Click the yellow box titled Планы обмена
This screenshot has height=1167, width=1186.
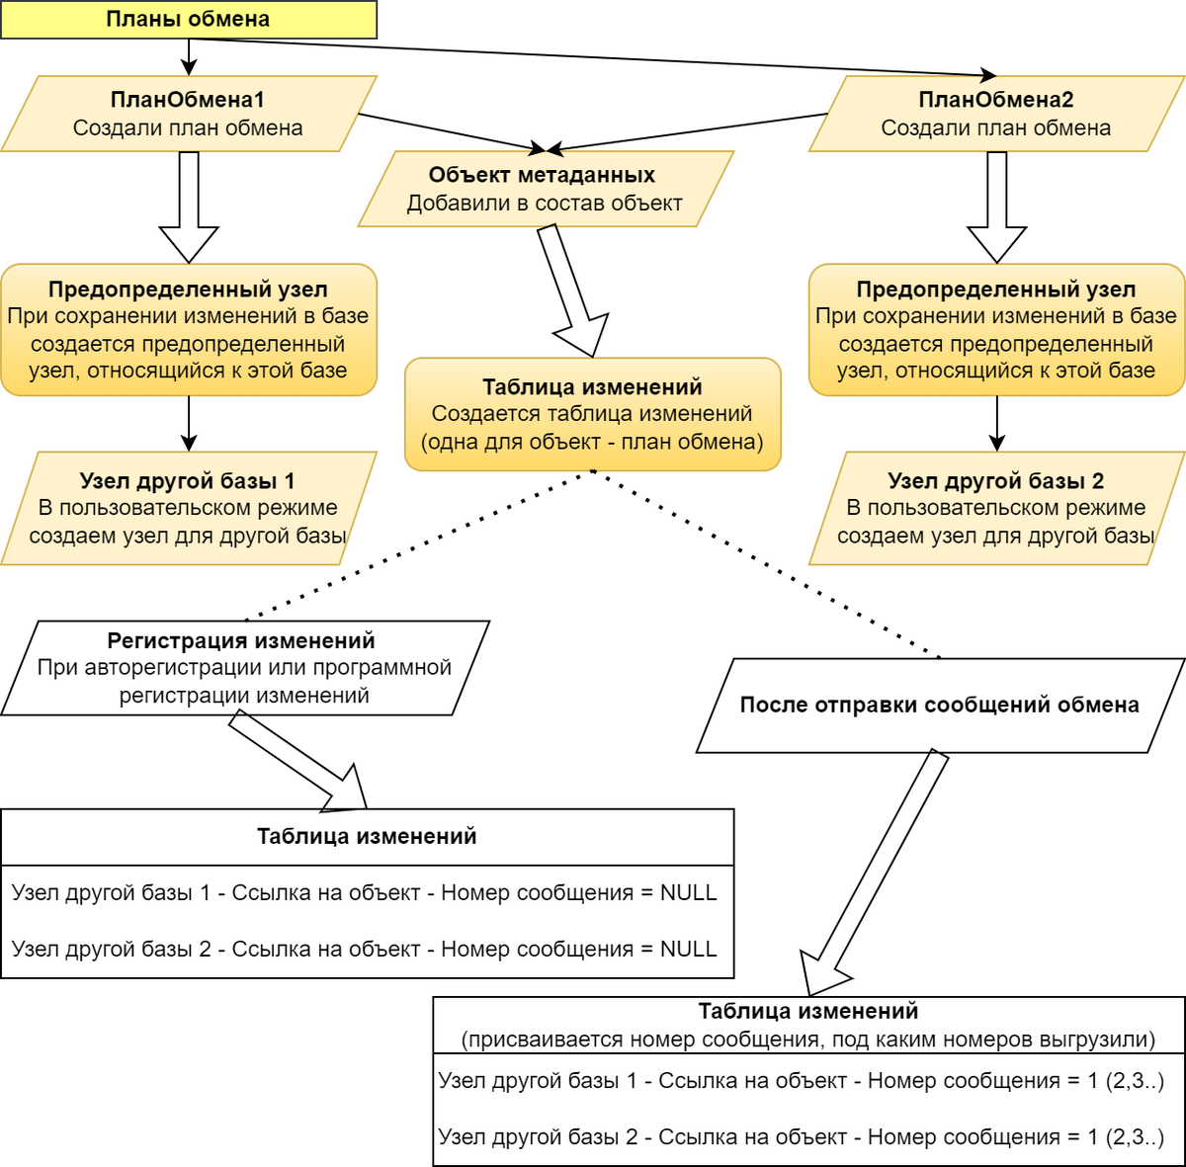coord(188,20)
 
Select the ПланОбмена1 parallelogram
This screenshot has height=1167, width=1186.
coord(188,114)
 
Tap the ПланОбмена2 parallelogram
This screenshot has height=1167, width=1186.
coord(996,114)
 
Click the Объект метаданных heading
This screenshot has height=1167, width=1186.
coord(542,175)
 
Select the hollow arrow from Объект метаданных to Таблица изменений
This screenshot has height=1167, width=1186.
coord(574,292)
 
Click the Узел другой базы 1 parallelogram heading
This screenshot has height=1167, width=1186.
coord(188,481)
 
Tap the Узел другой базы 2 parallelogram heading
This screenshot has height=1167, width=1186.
coord(996,481)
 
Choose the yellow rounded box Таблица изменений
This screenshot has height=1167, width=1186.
coord(593,414)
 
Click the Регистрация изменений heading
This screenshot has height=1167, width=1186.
coord(241,640)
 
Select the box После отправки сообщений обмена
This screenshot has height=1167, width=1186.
coord(939,706)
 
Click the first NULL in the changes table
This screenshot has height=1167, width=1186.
coord(689,892)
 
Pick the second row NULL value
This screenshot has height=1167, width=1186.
coord(689,949)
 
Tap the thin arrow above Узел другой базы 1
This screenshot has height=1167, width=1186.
coord(189,424)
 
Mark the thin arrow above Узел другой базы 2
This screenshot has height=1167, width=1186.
coord(997,424)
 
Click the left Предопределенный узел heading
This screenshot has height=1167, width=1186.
coord(188,290)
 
